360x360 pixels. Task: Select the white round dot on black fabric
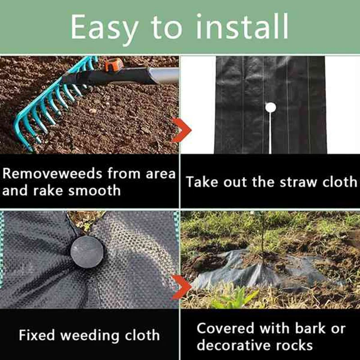pyautogui.click(x=270, y=108)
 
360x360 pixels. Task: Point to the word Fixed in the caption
pyautogui.click(x=37, y=335)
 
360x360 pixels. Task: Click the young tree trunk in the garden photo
pyautogui.click(x=262, y=234)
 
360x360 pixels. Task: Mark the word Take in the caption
pyautogui.click(x=201, y=182)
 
